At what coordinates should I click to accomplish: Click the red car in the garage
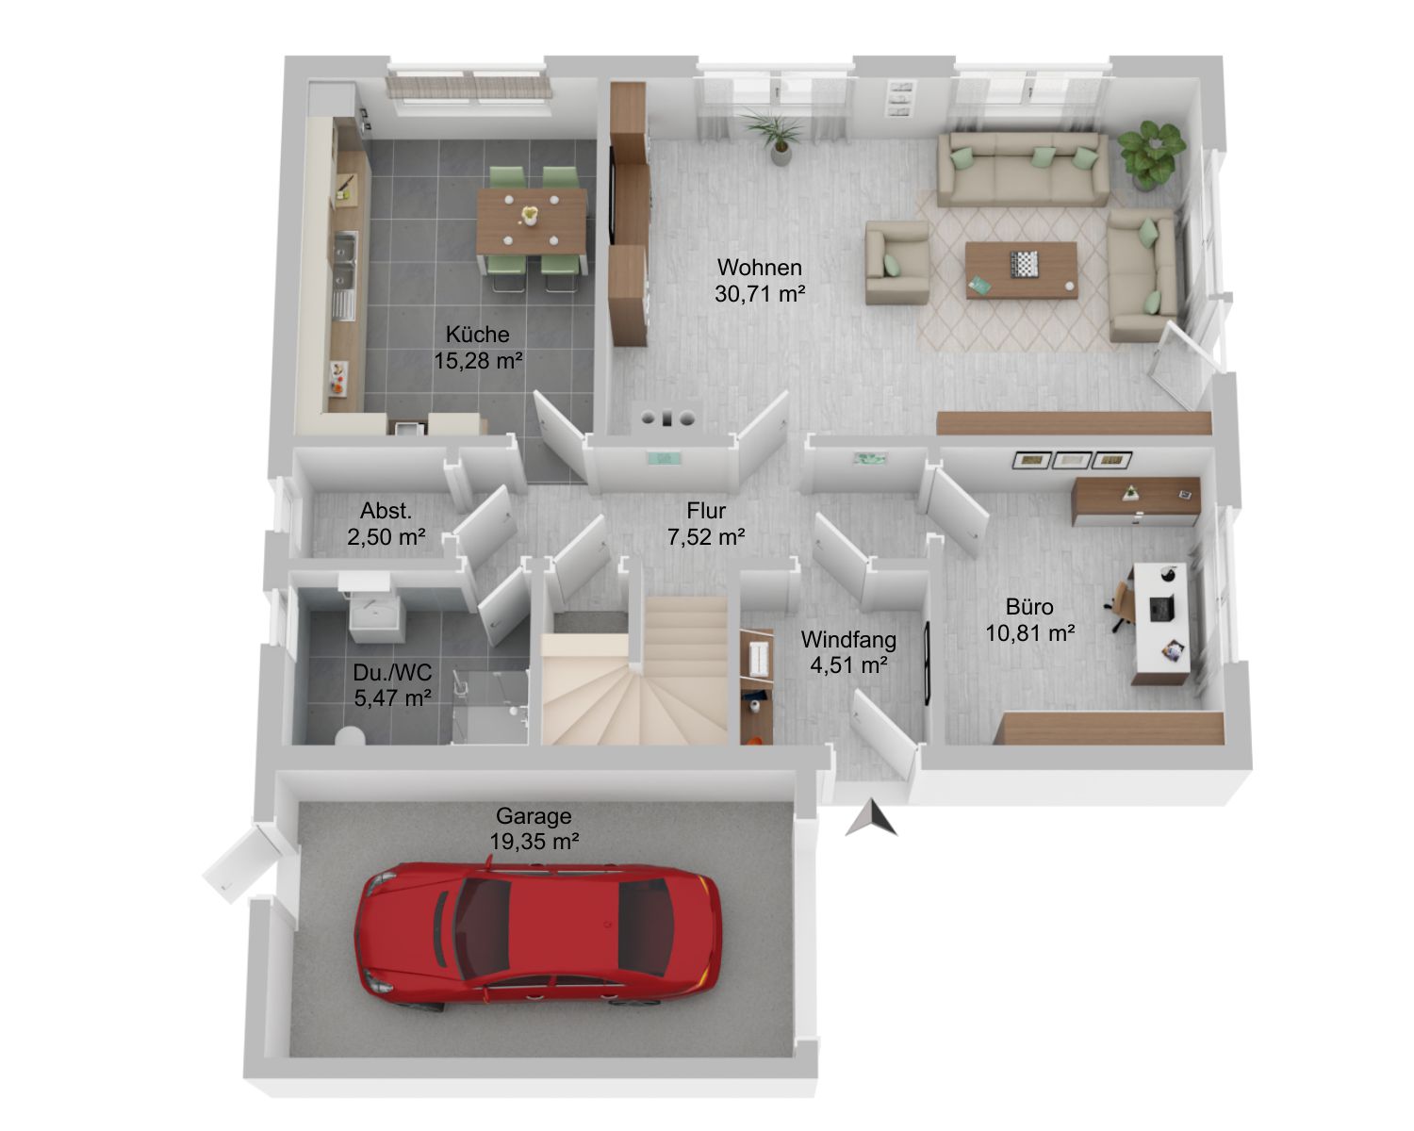click(x=537, y=932)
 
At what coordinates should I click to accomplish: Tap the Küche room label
click(x=478, y=335)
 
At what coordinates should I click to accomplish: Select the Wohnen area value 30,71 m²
click(x=760, y=294)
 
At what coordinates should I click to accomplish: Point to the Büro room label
click(x=1029, y=607)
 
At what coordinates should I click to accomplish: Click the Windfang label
click(x=848, y=639)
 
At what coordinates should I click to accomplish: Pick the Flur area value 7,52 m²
click(x=706, y=537)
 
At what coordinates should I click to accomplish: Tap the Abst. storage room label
click(x=386, y=511)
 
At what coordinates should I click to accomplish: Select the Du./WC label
click(x=392, y=672)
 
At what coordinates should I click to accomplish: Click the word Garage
click(x=534, y=816)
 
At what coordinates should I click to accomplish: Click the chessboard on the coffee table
click(x=1024, y=264)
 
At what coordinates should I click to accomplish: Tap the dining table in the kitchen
click(x=531, y=221)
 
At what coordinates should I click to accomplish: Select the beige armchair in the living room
click(x=896, y=262)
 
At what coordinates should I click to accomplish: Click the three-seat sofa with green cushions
click(x=1022, y=170)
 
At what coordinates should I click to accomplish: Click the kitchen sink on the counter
click(x=344, y=262)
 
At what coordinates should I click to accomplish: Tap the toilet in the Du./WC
click(x=351, y=736)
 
